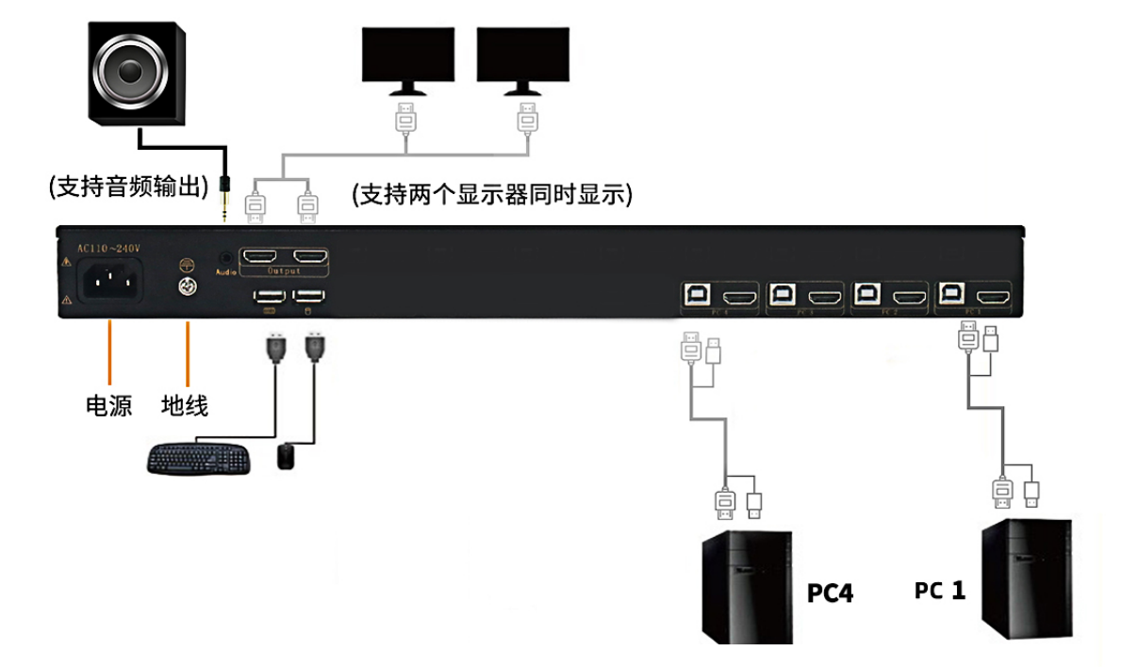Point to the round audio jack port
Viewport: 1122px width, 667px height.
pos(225,256)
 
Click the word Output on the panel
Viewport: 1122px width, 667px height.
pos(284,271)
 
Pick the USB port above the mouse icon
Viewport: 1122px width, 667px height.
pos(310,297)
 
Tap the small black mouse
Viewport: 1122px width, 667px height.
pos(287,457)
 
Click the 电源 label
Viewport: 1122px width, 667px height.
pos(109,406)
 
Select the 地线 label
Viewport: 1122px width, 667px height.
pos(185,406)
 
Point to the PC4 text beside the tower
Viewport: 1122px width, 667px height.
pos(830,594)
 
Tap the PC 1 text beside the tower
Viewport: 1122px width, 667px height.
pos(940,591)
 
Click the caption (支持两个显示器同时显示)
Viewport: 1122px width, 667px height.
pos(491,195)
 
